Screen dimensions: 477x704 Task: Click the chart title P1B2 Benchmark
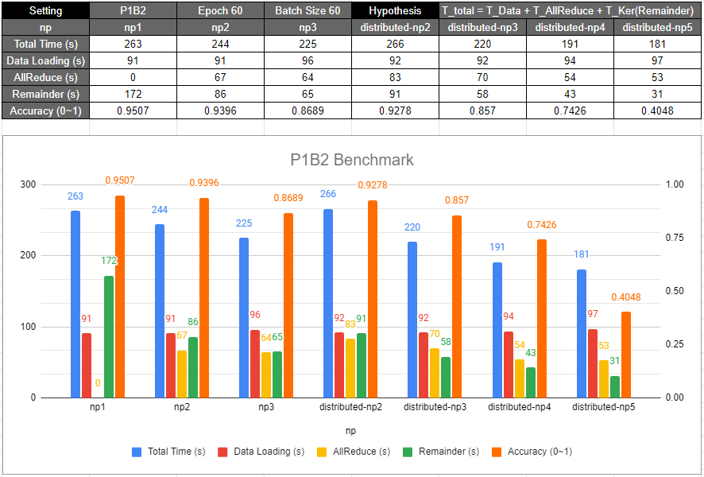tap(352, 160)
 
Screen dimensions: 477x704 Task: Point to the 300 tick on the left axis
tap(28, 184)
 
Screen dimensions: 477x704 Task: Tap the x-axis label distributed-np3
tap(435, 407)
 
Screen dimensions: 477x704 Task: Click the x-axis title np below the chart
tap(351, 430)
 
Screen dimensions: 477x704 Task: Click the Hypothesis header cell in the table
tap(395, 11)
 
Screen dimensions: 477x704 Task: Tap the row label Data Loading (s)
tap(44, 60)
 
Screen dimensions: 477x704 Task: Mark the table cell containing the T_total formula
tap(571, 11)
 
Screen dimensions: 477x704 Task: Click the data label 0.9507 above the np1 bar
tap(120, 180)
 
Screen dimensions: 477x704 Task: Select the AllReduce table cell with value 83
tap(395, 77)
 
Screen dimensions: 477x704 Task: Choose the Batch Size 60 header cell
tap(307, 11)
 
